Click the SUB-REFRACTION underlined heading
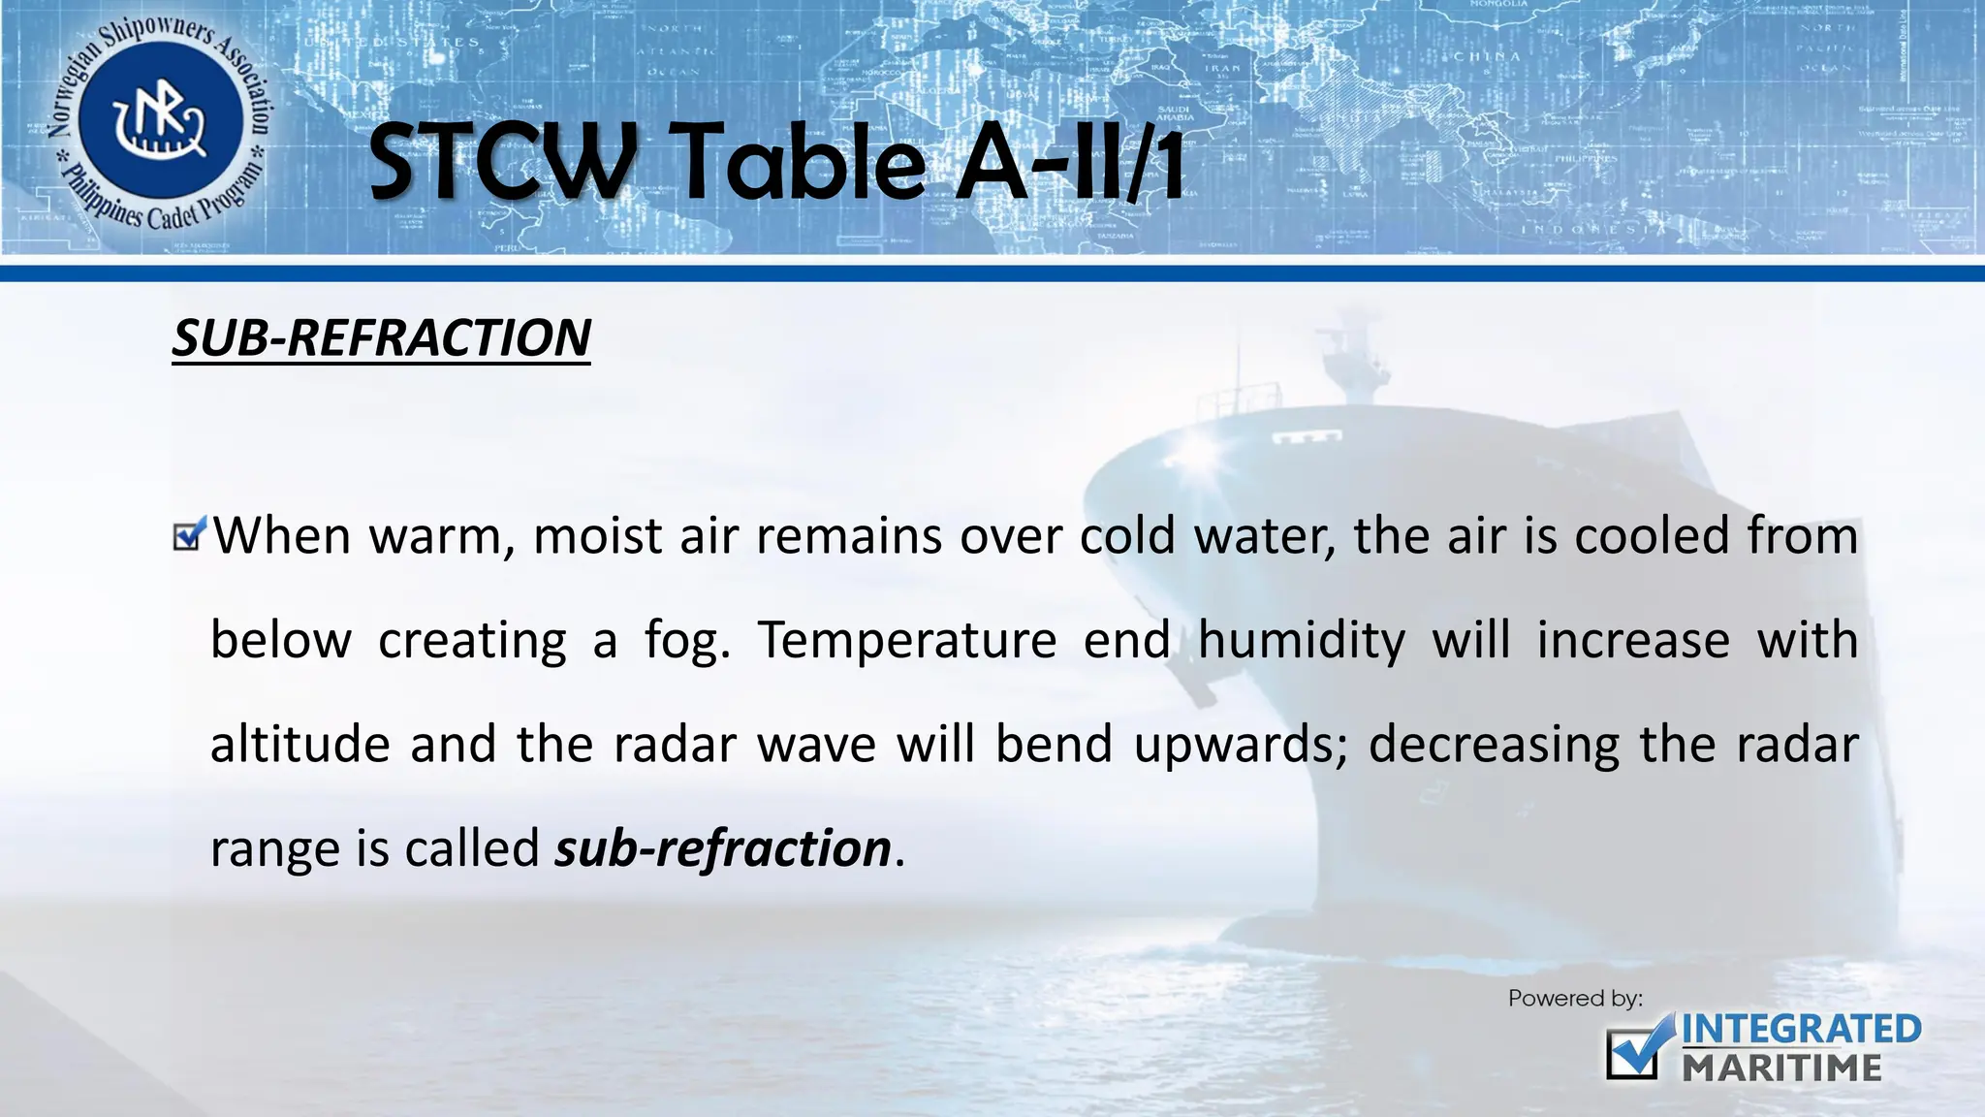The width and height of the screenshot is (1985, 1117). (381, 338)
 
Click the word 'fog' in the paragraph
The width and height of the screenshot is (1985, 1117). (687, 641)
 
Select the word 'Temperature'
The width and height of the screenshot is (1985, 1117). (906, 641)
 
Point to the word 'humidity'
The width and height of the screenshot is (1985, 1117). (1301, 641)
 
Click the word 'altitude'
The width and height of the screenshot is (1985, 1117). (299, 745)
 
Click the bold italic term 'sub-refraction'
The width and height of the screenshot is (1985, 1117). (722, 848)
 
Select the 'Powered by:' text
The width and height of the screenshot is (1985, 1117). (1575, 998)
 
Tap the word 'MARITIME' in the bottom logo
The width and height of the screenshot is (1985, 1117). (1781, 1068)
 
